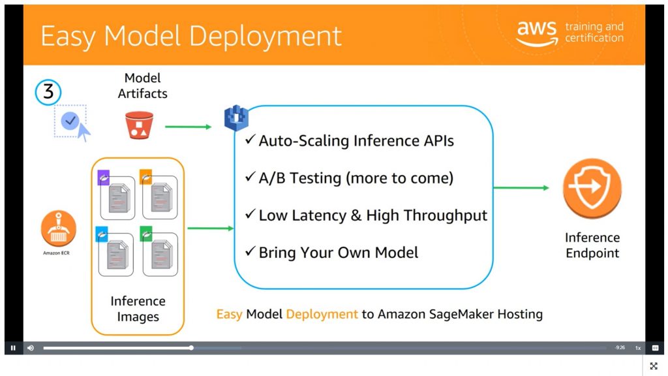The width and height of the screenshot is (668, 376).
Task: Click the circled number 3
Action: click(48, 93)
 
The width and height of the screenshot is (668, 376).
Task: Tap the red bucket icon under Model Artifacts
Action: click(139, 125)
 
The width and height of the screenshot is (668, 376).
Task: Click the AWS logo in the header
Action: click(537, 33)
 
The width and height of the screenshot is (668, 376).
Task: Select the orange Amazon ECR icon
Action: click(59, 228)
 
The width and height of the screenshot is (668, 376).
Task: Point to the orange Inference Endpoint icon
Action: click(592, 189)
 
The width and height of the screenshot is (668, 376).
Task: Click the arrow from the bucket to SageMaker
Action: click(189, 127)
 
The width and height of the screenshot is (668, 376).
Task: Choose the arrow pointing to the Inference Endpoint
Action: click(521, 188)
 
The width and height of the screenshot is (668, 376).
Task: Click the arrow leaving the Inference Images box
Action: click(210, 228)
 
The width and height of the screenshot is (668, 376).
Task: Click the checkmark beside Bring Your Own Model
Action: click(250, 252)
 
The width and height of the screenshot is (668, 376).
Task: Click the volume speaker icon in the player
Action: click(30, 348)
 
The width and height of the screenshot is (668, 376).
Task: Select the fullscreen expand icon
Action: click(654, 366)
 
